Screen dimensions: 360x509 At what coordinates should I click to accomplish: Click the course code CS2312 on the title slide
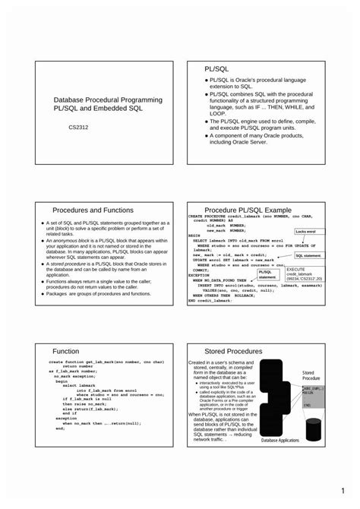[x=79, y=128]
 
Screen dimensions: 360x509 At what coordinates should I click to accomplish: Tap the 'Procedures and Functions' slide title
[x=93, y=210]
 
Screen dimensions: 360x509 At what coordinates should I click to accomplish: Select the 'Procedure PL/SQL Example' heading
[x=248, y=210]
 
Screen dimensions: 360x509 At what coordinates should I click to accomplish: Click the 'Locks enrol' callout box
[x=305, y=231]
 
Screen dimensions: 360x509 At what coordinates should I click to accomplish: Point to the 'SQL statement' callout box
[x=308, y=257]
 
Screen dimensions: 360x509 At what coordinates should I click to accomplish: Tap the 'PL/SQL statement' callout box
[x=267, y=274]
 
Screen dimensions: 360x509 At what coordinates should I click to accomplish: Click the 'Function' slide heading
[x=65, y=351]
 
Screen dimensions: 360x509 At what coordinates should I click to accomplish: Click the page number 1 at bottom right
[x=343, y=490]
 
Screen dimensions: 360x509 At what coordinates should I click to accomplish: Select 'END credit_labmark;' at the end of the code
[x=211, y=300]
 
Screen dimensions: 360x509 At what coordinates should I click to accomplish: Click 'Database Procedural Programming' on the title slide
[x=107, y=100]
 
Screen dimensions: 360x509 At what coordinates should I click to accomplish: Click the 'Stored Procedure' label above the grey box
[x=313, y=375]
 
